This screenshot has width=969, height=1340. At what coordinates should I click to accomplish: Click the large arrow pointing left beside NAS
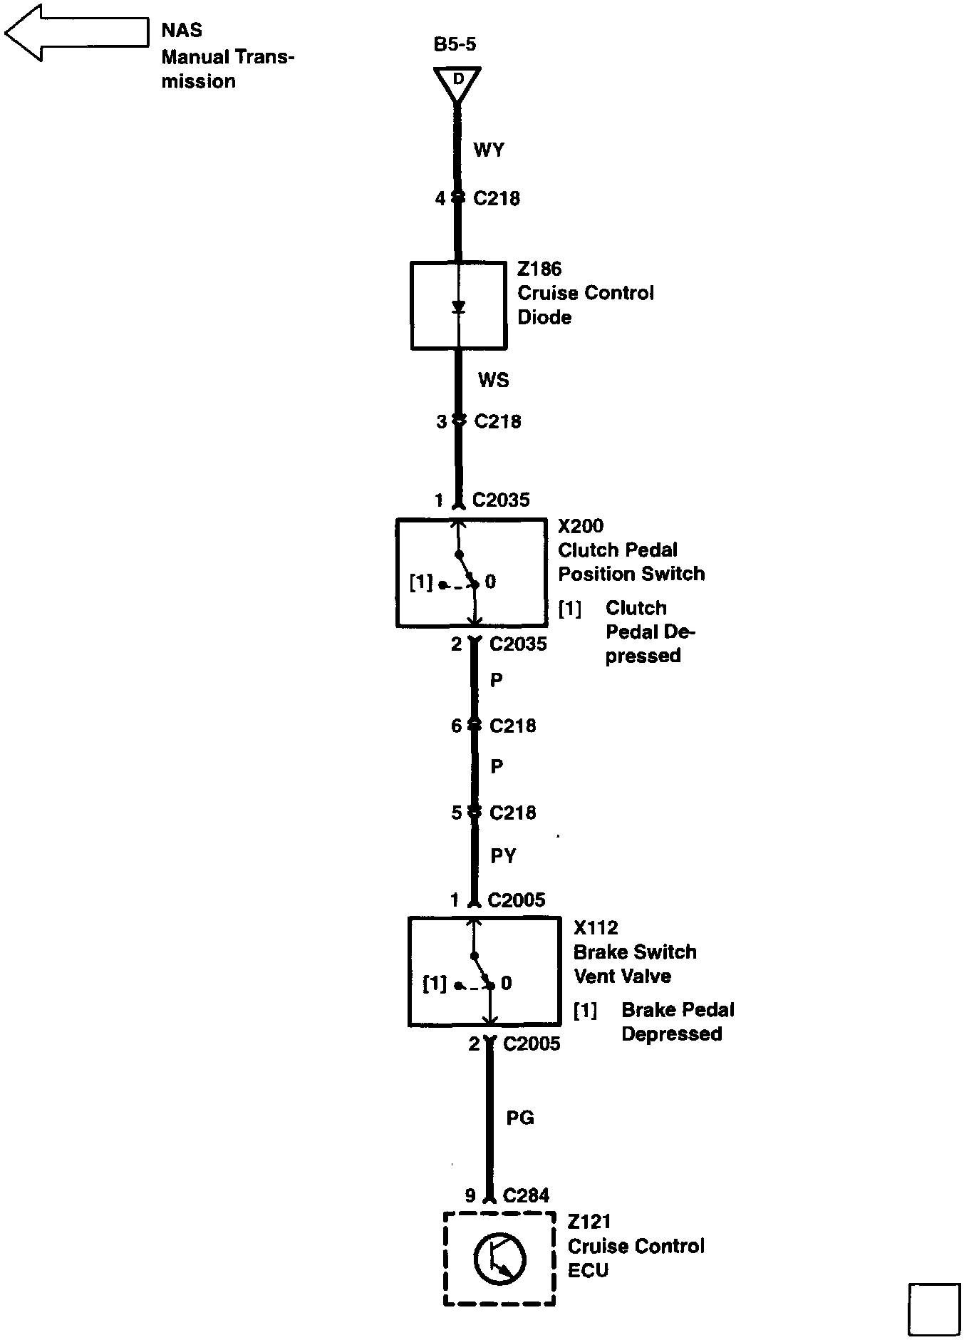[75, 33]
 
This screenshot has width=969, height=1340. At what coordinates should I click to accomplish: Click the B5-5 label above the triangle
[455, 44]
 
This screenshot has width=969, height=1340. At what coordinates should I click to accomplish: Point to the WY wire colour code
[488, 150]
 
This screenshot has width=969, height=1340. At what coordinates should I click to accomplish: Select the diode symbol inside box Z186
[459, 307]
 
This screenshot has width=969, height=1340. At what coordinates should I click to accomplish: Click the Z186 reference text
[539, 269]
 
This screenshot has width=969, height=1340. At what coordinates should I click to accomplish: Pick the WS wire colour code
[493, 379]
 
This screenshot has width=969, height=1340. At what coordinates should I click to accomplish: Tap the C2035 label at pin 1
[501, 500]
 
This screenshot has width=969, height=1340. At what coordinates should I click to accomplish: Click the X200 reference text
[581, 526]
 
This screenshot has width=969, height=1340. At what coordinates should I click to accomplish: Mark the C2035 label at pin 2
[518, 644]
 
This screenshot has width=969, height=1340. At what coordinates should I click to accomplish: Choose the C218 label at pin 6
[512, 726]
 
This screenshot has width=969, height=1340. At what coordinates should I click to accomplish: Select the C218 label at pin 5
[512, 813]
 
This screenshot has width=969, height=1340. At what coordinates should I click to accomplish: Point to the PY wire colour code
[503, 855]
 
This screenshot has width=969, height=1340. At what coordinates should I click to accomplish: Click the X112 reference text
[596, 928]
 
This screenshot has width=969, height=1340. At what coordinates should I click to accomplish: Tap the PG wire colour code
[520, 1118]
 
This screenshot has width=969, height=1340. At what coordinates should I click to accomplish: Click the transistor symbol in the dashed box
[499, 1258]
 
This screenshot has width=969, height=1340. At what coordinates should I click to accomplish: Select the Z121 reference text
[589, 1222]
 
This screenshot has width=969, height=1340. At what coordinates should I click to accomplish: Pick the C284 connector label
[526, 1195]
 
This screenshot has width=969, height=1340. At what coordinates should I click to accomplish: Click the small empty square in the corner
[934, 1309]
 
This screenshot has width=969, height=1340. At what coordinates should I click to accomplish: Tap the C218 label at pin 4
[497, 198]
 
